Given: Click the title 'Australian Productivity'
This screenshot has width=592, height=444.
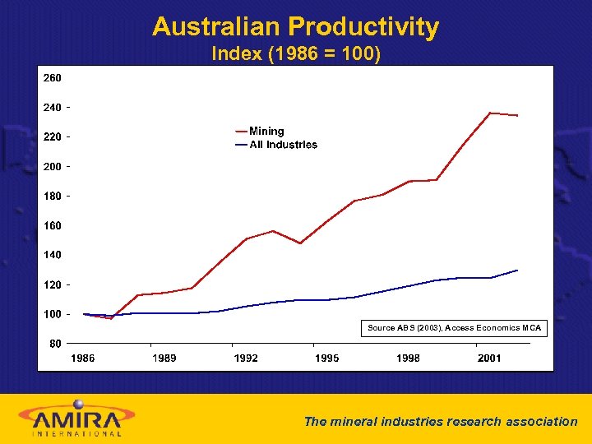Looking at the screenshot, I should pyautogui.click(x=295, y=27).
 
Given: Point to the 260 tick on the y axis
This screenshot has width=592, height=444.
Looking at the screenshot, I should pyautogui.click(x=53, y=78).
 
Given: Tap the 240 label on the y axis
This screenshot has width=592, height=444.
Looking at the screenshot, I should pyautogui.click(x=53, y=108).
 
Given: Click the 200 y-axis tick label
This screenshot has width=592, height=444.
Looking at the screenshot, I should pyautogui.click(x=53, y=167).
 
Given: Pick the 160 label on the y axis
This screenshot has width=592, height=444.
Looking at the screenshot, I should pyautogui.click(x=53, y=225).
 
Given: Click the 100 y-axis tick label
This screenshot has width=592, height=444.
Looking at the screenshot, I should pyautogui.click(x=53, y=314).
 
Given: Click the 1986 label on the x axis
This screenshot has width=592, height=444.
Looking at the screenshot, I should pyautogui.click(x=82, y=358).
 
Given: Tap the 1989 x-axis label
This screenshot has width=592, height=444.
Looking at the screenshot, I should pyautogui.click(x=164, y=358).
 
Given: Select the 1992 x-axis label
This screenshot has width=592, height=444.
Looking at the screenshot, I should pyautogui.click(x=245, y=358).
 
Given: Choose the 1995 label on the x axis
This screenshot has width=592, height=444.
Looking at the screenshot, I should pyautogui.click(x=326, y=358).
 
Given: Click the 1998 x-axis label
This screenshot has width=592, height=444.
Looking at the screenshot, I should pyautogui.click(x=408, y=358).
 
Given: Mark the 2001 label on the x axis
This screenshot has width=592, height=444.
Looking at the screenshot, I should pyautogui.click(x=489, y=358).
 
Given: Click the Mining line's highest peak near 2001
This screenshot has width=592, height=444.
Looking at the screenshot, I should pyautogui.click(x=490, y=113).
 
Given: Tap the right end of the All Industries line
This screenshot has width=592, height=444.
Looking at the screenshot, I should pyautogui.click(x=517, y=270).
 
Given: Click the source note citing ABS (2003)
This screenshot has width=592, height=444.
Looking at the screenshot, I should pyautogui.click(x=454, y=328).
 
